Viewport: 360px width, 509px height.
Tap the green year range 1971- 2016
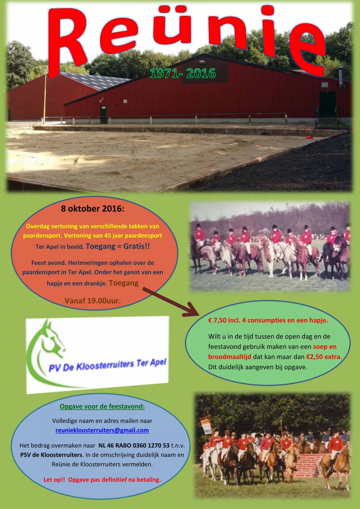click(183, 73)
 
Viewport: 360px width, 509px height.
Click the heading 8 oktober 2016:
click(93, 209)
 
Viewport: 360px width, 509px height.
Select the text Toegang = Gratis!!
click(118, 247)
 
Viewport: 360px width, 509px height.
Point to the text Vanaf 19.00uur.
click(93, 301)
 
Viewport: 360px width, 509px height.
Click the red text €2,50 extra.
click(324, 357)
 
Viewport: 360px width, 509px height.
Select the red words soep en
click(325, 347)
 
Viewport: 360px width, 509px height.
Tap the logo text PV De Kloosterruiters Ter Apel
click(108, 365)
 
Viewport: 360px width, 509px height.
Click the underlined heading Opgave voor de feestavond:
click(102, 406)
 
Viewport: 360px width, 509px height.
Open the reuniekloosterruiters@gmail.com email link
click(102, 430)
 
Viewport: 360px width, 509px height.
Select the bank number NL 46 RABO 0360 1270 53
click(134, 445)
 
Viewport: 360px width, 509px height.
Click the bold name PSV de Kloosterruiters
click(51, 455)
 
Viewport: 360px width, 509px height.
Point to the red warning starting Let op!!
click(102, 480)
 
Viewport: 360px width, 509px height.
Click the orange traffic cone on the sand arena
click(309, 137)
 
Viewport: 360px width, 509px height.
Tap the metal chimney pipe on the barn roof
click(342, 77)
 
